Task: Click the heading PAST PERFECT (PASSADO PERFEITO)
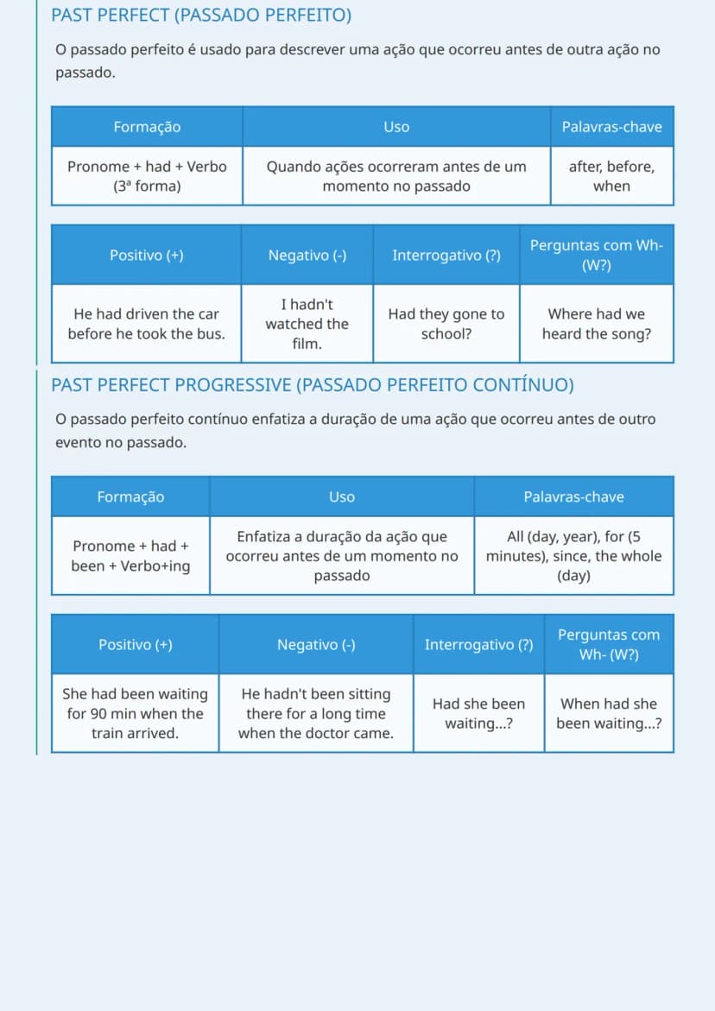point(201,16)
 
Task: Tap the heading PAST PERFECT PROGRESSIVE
point(312,385)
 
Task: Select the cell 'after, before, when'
point(612,176)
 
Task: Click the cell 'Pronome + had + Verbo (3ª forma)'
point(147,176)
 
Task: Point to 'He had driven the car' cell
point(146,324)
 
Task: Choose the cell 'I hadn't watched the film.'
point(307,324)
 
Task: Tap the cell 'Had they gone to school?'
point(446,324)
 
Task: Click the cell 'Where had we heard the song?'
point(597,324)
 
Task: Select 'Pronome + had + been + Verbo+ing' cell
point(131,556)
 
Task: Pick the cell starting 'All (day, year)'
point(573,556)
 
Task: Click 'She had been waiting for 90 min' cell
point(135,713)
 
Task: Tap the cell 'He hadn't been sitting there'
point(316,713)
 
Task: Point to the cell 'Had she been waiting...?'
point(479,713)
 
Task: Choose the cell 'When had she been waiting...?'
point(610,713)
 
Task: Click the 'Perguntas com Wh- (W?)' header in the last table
point(610,644)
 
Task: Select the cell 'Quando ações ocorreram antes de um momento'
point(396,176)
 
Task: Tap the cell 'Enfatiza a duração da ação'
point(342,556)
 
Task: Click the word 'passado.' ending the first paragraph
point(85,73)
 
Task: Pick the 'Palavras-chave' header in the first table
point(612,126)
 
